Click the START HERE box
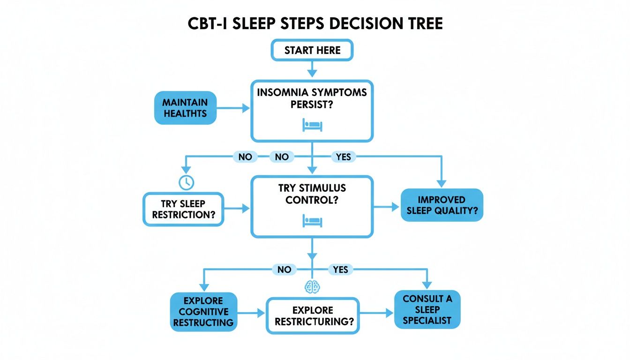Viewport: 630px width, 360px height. (312, 50)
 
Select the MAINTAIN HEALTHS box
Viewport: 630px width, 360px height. (185, 108)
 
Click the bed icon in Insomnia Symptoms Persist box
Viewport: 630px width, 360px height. (312, 124)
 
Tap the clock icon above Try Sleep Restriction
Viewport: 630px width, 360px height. (186, 182)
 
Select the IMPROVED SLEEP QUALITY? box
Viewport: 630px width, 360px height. (441, 205)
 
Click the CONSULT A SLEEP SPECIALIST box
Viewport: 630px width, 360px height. (427, 309)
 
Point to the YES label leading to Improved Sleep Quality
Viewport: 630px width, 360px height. (344, 157)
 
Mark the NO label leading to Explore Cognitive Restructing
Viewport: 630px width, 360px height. (284, 269)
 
